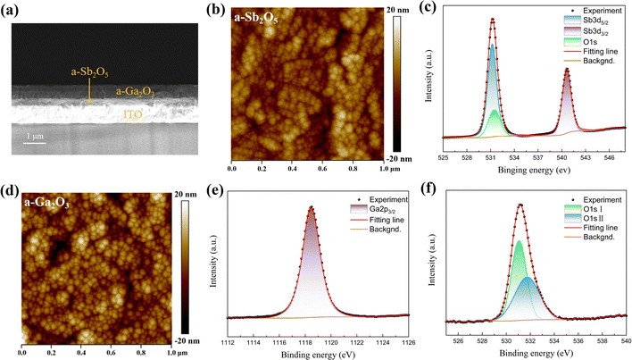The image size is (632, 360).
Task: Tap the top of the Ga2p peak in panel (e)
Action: (311, 208)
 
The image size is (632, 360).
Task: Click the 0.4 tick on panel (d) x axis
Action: (81, 352)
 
